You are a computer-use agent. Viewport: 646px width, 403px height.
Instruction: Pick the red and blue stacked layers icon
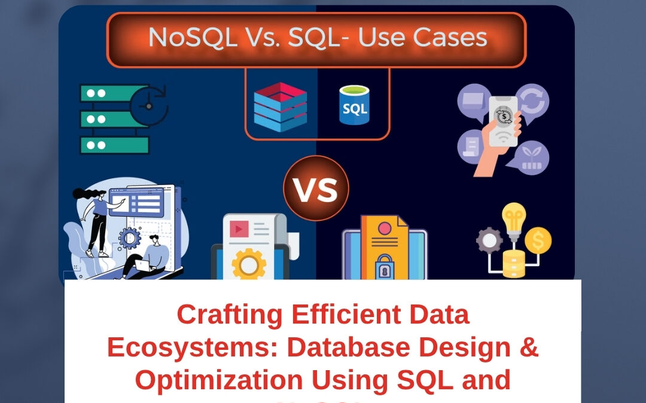click(x=280, y=106)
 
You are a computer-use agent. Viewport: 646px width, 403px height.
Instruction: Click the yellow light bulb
click(x=514, y=218)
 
